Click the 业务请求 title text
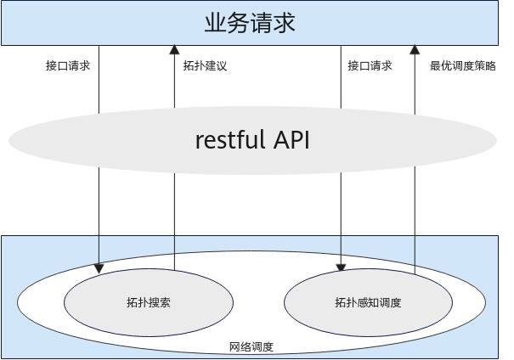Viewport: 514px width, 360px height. (x=250, y=23)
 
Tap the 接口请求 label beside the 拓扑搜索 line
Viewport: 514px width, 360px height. (x=68, y=66)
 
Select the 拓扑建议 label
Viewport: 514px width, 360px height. (x=205, y=66)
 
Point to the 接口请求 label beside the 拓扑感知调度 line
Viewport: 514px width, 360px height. (x=370, y=66)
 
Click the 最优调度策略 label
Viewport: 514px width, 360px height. (x=462, y=66)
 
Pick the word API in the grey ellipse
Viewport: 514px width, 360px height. (x=291, y=139)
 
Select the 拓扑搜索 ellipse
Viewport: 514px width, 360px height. (x=149, y=302)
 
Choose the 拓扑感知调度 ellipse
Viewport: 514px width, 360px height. (x=368, y=302)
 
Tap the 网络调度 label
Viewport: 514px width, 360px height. (x=251, y=346)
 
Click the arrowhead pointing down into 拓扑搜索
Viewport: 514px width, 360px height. (x=99, y=268)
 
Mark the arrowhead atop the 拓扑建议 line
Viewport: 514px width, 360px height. (x=174, y=49)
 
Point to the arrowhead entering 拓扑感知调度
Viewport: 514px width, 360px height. (x=341, y=267)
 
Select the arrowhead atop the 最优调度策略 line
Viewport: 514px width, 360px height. (x=415, y=49)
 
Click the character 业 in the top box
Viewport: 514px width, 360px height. (x=215, y=23)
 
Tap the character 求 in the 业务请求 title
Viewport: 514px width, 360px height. (x=285, y=23)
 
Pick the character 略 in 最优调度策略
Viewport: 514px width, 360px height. (x=490, y=66)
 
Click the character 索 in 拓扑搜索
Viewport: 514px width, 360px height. (x=165, y=302)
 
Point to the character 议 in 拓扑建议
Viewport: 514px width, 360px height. (x=222, y=66)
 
